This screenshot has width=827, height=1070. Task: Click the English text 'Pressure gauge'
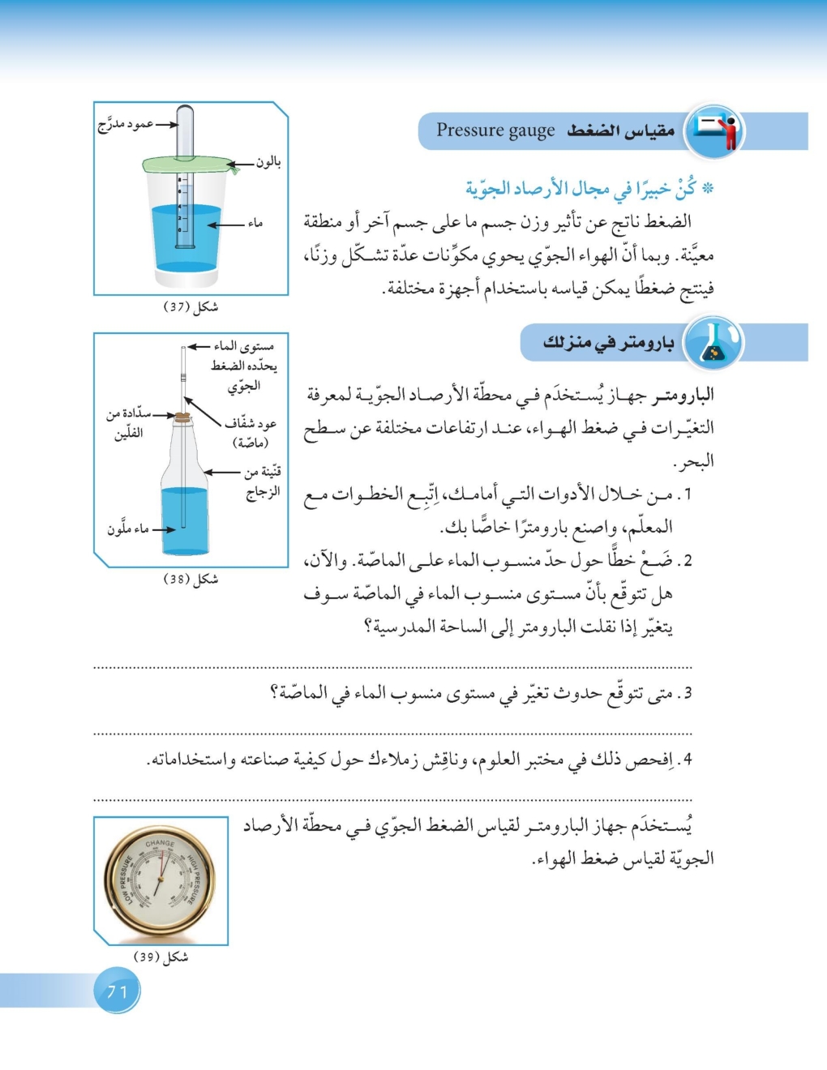point(495,131)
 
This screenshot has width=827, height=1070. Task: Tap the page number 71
point(118,991)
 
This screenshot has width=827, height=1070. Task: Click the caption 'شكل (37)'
point(191,307)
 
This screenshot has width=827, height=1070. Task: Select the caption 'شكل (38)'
point(191,580)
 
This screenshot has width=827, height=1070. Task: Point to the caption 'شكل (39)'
point(161,957)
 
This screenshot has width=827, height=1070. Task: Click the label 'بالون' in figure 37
point(268,162)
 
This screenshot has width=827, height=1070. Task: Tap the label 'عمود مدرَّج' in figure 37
point(126,124)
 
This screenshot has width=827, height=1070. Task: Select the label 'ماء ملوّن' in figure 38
point(128,529)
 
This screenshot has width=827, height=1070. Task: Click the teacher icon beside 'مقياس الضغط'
point(714,131)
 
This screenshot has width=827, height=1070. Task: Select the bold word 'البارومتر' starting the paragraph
point(684,396)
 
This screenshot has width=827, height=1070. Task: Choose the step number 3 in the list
point(687,694)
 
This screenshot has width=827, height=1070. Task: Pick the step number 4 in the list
point(687,760)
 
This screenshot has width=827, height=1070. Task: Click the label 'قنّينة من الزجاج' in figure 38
point(262,481)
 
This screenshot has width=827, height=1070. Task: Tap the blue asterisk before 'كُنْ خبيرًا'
point(708,189)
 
